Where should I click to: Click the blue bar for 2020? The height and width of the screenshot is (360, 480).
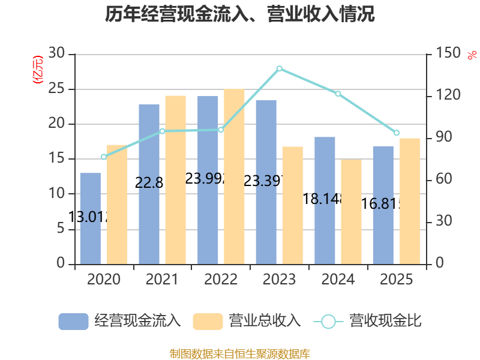(91, 218)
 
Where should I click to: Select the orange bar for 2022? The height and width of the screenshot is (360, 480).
(234, 176)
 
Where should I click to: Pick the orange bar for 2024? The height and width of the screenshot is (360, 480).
(351, 211)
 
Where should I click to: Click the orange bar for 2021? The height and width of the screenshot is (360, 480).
(175, 179)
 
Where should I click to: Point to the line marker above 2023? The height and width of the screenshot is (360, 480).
(280, 68)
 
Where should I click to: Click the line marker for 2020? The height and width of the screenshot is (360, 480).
(104, 157)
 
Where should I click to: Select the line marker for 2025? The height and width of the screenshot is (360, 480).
(396, 133)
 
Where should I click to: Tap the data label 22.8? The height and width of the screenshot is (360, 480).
(149, 183)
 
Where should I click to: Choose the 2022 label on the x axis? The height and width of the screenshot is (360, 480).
(221, 280)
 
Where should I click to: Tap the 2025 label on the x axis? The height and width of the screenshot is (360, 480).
(397, 280)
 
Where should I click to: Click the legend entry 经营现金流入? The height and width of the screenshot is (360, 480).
(120, 321)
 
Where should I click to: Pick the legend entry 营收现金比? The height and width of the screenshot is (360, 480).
(367, 321)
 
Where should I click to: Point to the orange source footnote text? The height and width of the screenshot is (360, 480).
(240, 353)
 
